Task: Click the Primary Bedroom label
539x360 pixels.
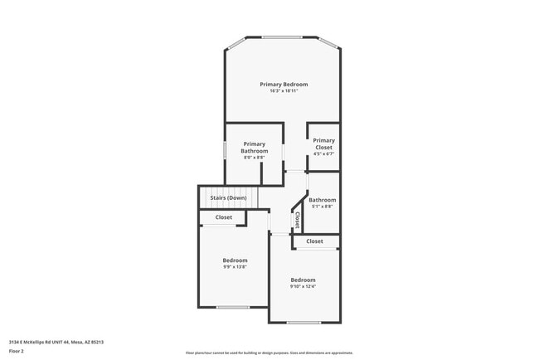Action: tap(284, 85)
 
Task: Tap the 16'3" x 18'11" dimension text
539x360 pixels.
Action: tap(284, 91)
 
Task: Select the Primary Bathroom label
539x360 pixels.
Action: tap(255, 148)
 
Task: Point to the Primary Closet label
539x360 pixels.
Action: tap(323, 144)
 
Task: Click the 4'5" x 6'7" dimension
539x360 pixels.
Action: tap(323, 153)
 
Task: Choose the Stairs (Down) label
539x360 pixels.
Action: tap(228, 198)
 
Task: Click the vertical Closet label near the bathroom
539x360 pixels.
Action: tap(297, 220)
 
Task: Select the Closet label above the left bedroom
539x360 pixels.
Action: tap(224, 217)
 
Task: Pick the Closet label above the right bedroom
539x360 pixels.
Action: tap(314, 241)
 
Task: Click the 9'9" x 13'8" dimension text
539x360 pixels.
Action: tap(235, 266)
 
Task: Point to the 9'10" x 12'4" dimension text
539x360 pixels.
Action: tap(303, 286)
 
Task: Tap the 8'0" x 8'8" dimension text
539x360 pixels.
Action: tap(254, 158)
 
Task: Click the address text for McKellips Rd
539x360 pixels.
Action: tap(56, 341)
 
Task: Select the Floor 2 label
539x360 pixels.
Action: tap(17, 351)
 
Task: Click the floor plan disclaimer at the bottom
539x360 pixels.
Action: tap(269, 353)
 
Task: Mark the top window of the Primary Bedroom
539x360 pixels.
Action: tap(282, 36)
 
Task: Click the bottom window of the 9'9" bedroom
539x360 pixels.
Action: tap(232, 307)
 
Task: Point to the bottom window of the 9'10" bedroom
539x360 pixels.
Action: tap(303, 322)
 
